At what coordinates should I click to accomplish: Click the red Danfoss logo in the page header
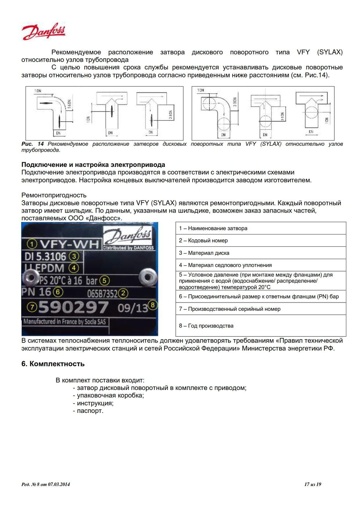pos(44,32)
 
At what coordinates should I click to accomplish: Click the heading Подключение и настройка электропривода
pos(93,165)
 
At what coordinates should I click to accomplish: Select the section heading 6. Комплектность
pos(53,364)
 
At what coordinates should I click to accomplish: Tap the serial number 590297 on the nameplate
pos(73,307)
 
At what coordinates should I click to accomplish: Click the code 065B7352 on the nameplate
pos(102,294)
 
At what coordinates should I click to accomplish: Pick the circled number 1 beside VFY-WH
pos(32,244)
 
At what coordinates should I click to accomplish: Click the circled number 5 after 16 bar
pos(104,280)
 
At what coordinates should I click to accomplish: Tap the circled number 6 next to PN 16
pos(58,292)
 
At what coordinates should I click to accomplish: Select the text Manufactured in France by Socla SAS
pos(65,321)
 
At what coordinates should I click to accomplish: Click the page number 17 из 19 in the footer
pos(312,484)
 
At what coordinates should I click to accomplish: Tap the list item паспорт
pos(90,411)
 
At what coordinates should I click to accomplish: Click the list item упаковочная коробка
pos(110,395)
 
